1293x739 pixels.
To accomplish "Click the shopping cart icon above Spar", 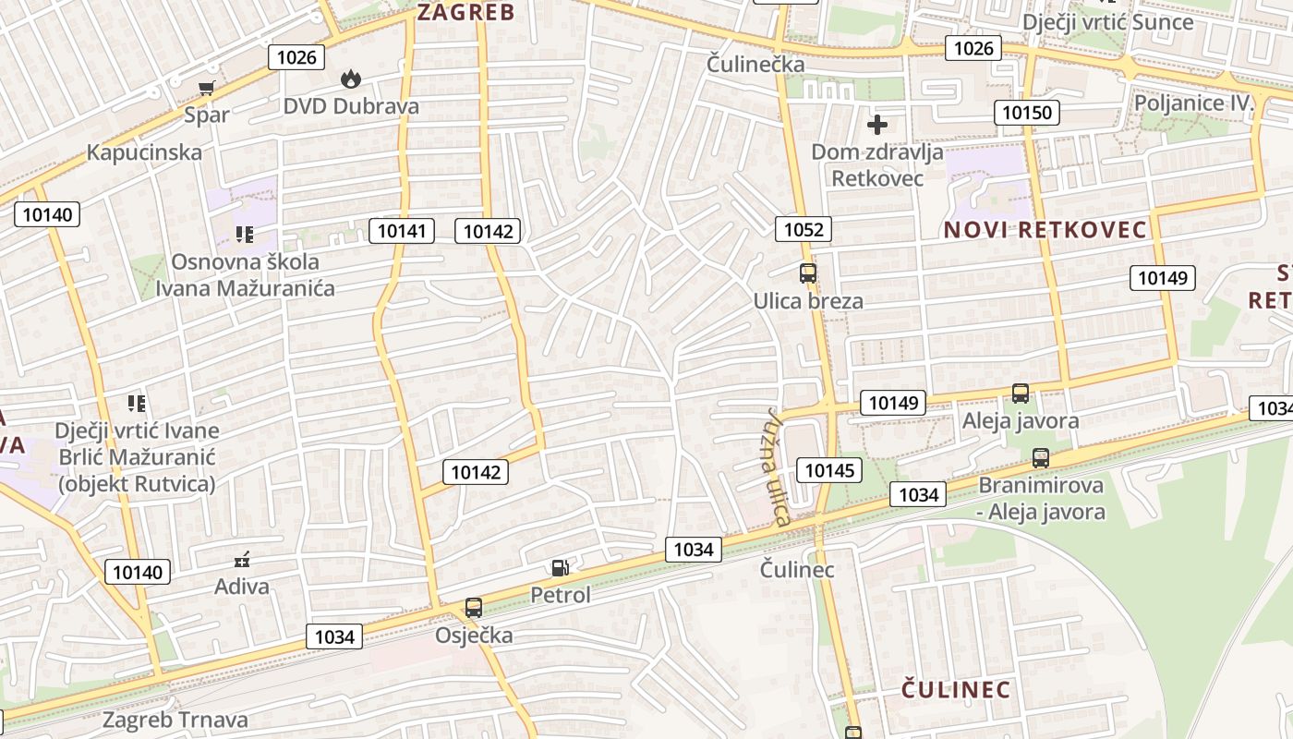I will coord(207,88).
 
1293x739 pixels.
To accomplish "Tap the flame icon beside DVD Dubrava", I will coord(351,79).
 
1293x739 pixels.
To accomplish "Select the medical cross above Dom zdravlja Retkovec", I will coord(877,124).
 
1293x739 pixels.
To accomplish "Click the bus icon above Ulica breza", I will coord(808,273).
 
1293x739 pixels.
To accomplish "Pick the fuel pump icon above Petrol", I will coord(560,567).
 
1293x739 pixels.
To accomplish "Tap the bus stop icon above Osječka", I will coord(474,607).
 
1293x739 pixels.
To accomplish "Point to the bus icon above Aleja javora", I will coord(1021,393).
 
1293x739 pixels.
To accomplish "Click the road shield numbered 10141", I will coord(402,231).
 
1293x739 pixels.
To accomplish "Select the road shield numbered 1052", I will coord(804,229).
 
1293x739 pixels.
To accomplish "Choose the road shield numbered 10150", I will coord(1027,114).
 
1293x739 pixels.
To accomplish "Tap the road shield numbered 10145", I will coord(829,470).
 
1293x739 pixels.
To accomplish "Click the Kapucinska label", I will coord(144,152).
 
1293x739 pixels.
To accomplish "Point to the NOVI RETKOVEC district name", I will coord(1045,230).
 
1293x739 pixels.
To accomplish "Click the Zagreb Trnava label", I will coord(175,720).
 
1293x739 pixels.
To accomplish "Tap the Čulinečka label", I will coord(755,65).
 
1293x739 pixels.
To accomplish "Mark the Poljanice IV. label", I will coord(1193,103).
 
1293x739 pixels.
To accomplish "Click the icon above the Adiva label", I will coord(243,559).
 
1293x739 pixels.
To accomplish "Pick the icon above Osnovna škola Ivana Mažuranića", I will coord(244,235).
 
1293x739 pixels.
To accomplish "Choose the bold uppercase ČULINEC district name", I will coord(956,689).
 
